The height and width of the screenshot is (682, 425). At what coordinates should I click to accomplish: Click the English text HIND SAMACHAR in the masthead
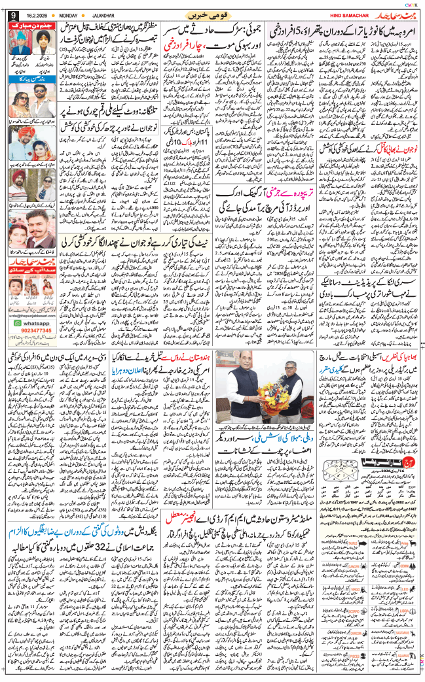[339, 14]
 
